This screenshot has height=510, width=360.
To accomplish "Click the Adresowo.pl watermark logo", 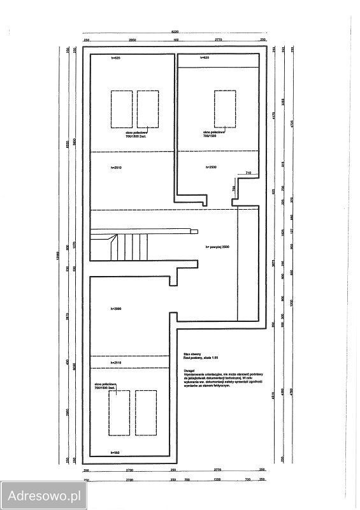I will [x=43, y=495].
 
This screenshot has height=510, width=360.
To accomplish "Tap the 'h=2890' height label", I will [x=116, y=309].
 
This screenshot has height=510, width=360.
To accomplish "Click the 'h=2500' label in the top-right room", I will [x=212, y=167].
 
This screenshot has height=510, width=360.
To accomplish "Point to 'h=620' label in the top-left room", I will [x=115, y=59].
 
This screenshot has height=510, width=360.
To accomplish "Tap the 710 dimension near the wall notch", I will [x=248, y=173].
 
